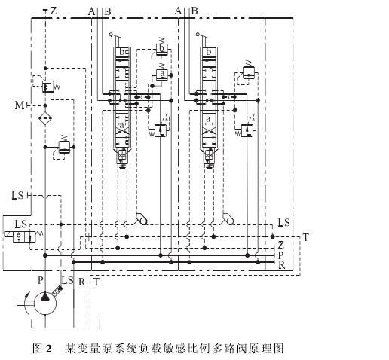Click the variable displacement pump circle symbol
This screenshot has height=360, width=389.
coord(45,304)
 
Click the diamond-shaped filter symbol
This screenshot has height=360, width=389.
coord(45,118)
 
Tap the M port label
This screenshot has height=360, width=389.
coord(20,105)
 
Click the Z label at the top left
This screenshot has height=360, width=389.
coord(54,11)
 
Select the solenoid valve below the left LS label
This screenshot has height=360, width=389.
coord(24,236)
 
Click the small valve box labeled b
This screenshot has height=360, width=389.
coord(162,48)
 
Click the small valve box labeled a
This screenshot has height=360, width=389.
coord(162,74)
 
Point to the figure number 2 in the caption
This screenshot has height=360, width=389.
coord(48,349)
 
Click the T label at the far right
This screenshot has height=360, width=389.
coord(305,237)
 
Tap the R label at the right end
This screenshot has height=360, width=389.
coord(281,265)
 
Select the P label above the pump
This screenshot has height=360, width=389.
coord(40,280)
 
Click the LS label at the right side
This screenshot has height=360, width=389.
coord(283,222)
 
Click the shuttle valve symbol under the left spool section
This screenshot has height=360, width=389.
coord(141,218)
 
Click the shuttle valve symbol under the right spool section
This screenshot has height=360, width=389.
coord(228,218)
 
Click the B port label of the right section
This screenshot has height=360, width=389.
coord(194,11)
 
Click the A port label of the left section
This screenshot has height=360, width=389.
coord(92,11)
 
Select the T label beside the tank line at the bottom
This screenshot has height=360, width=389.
coord(96,282)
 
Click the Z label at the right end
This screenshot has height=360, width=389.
coord(280,245)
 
